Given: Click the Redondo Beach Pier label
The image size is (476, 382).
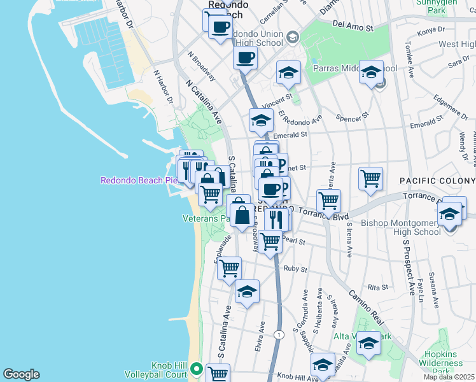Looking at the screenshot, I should pyautogui.click(x=137, y=180).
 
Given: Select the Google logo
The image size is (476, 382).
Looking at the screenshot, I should pyautogui.click(x=21, y=374).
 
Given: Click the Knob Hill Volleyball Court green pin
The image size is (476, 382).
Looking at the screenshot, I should pyautogui.click(x=197, y=369).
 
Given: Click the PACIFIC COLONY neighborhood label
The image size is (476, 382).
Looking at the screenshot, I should pyautogui.click(x=437, y=181).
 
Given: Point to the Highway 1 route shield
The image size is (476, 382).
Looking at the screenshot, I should pyautogui.click(x=278, y=334).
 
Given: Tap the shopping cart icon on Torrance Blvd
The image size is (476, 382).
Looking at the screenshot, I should pyautogui.click(x=328, y=201).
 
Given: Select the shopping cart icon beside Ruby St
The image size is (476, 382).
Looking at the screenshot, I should pyautogui.click(x=229, y=268).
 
